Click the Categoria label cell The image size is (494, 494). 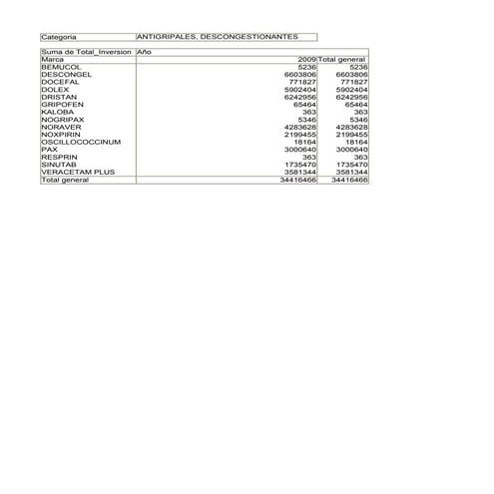tap(60, 36)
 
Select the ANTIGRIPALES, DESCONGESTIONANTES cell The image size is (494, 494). tap(216, 36)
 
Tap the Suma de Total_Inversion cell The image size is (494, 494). tap(86, 52)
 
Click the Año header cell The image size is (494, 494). tap(145, 52)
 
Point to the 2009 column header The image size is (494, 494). tap(306, 60)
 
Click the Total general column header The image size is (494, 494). tap(341, 60)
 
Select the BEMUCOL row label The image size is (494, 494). tap(59, 67)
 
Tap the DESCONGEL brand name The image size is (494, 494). tap(66, 74)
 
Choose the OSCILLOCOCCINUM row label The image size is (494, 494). tap(81, 142)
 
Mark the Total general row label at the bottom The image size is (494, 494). tap(65, 180)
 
